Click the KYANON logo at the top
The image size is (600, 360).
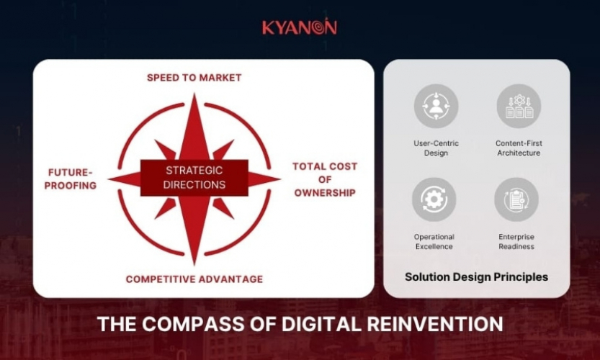[299, 27]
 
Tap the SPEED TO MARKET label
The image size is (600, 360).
[194, 77]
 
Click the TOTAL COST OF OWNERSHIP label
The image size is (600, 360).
[324, 179]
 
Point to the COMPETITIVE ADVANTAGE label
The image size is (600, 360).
[194, 279]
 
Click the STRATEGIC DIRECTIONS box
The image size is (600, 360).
[194, 178]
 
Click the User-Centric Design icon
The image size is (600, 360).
[436, 107]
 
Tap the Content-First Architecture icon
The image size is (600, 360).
[518, 107]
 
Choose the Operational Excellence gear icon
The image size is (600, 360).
[434, 199]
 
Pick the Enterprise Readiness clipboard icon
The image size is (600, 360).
[516, 199]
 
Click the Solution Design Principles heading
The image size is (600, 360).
[476, 276]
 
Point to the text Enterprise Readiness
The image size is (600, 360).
[516, 241]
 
